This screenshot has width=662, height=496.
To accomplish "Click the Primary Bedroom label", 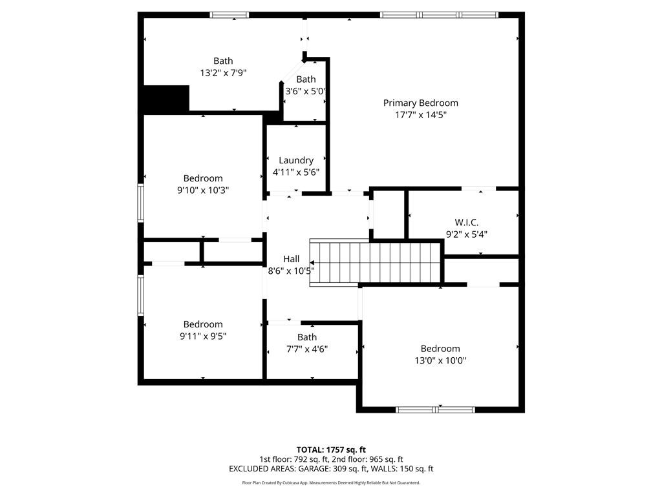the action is tap(420, 103).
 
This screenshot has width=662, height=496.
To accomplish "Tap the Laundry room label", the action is tap(296, 160).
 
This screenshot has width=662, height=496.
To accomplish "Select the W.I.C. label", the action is tap(467, 222).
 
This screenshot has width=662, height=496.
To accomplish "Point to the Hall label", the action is tap(292, 259).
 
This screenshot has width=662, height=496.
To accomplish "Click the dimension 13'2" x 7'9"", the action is tap(223, 73).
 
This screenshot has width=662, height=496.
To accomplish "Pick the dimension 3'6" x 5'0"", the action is tap(305, 91).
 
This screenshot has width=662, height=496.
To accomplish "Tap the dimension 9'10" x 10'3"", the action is tap(203, 191).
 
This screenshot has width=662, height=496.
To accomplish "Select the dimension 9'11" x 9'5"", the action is tap(203, 336).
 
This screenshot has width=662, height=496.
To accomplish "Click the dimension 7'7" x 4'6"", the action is tap(307, 349).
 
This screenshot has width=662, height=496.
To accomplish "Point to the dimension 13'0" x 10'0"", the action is tap(440, 360).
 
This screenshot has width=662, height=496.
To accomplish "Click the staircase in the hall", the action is tap(375, 263).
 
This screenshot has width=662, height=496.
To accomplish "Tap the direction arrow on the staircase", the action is tap(312, 263).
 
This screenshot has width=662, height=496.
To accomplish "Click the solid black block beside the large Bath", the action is tap(166, 99).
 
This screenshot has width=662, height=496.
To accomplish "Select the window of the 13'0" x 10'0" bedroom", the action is tap(436, 409).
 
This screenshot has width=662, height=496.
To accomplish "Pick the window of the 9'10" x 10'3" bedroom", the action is tap(140, 203).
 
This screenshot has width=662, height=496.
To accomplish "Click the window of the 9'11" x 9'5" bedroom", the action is tap(140, 295).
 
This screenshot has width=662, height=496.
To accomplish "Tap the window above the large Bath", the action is tap(230, 15).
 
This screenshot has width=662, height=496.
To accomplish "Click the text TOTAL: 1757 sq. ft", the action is tap(331, 449).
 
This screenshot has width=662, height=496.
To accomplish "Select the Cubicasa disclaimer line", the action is tap(331, 482).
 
